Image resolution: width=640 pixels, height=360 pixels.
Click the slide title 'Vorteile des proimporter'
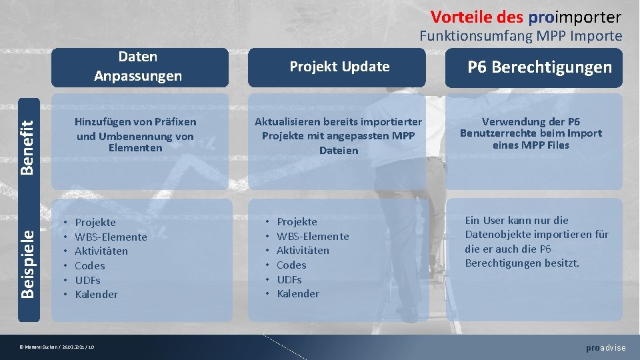click(525, 16)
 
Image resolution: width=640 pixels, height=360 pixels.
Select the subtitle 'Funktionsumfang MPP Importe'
click(520, 36)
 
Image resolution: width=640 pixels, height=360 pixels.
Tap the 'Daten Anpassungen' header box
click(138, 67)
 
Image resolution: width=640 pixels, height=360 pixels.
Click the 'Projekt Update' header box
click(339, 67)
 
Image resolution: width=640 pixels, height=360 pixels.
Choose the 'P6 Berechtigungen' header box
click(539, 67)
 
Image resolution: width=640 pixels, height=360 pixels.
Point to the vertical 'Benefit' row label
click(27, 143)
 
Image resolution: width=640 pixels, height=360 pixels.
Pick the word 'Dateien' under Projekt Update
click(339, 151)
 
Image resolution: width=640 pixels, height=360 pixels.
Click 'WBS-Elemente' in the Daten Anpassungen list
click(111, 237)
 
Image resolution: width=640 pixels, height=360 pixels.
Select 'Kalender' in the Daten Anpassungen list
click(96, 294)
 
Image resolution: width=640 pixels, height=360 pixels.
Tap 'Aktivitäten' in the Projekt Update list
click(303, 250)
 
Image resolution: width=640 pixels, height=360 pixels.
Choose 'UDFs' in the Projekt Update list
click(289, 279)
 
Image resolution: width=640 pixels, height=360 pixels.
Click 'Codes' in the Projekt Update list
click(291, 265)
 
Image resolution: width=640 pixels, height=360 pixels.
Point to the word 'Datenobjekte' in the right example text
click(497, 234)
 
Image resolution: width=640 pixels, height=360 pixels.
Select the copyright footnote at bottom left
click(57, 347)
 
